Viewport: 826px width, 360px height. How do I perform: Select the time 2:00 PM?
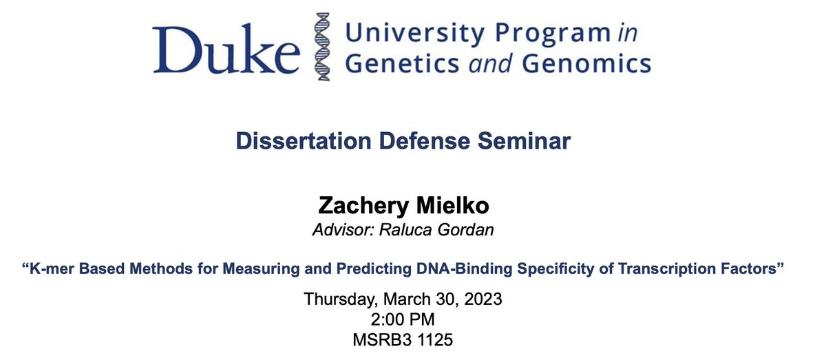(x=413, y=319)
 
